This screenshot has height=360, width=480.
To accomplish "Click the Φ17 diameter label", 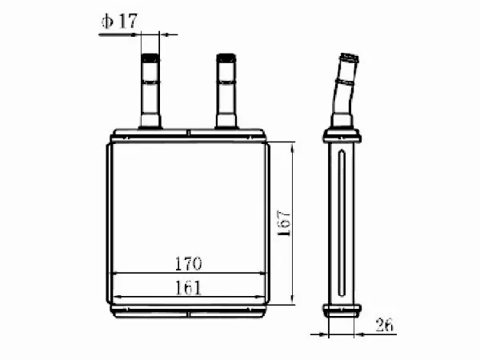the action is (x=119, y=21).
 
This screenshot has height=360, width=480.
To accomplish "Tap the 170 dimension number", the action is (x=188, y=263).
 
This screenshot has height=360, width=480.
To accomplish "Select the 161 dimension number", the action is (x=188, y=288).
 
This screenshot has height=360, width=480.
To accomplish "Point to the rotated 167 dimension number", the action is (x=283, y=223).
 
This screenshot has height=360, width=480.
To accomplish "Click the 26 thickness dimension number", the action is (x=385, y=325).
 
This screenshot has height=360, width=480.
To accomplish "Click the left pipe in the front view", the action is (x=150, y=91).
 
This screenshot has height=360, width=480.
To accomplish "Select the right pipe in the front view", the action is (x=226, y=91).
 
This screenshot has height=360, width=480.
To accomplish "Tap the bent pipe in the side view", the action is (x=344, y=90).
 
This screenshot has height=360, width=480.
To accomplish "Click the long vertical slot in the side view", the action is (x=342, y=223).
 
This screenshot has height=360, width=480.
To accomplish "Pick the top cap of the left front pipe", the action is (x=150, y=58).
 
